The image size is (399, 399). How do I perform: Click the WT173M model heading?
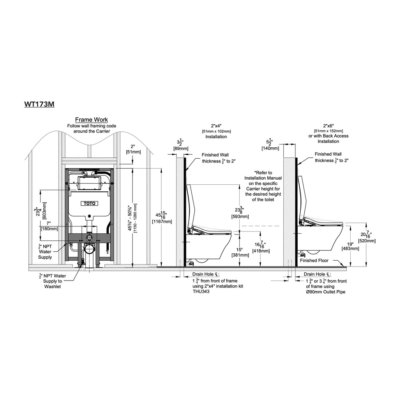point(39,104)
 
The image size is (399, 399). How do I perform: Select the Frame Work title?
point(92,120)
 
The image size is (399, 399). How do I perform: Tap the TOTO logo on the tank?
point(90,203)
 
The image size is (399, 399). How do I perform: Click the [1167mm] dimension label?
point(162,222)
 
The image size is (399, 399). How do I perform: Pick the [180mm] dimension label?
point(49,229)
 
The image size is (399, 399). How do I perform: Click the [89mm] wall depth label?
point(181,148)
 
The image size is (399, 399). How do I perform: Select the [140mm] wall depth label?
point(270,148)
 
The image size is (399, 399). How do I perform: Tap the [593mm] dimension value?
point(240,217)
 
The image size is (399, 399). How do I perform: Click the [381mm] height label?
point(240,255)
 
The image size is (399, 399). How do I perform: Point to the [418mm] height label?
point(261,251)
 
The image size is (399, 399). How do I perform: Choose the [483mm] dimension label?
point(350,249)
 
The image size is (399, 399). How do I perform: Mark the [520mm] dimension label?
point(367,241)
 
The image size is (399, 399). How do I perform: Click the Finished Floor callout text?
point(314,261)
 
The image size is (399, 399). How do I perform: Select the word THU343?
point(201,291)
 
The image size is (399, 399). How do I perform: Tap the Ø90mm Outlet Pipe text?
point(325,292)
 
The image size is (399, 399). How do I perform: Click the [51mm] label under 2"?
point(133,152)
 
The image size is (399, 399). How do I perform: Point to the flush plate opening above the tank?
point(89,183)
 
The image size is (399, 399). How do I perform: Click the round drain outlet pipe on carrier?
point(89,249)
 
